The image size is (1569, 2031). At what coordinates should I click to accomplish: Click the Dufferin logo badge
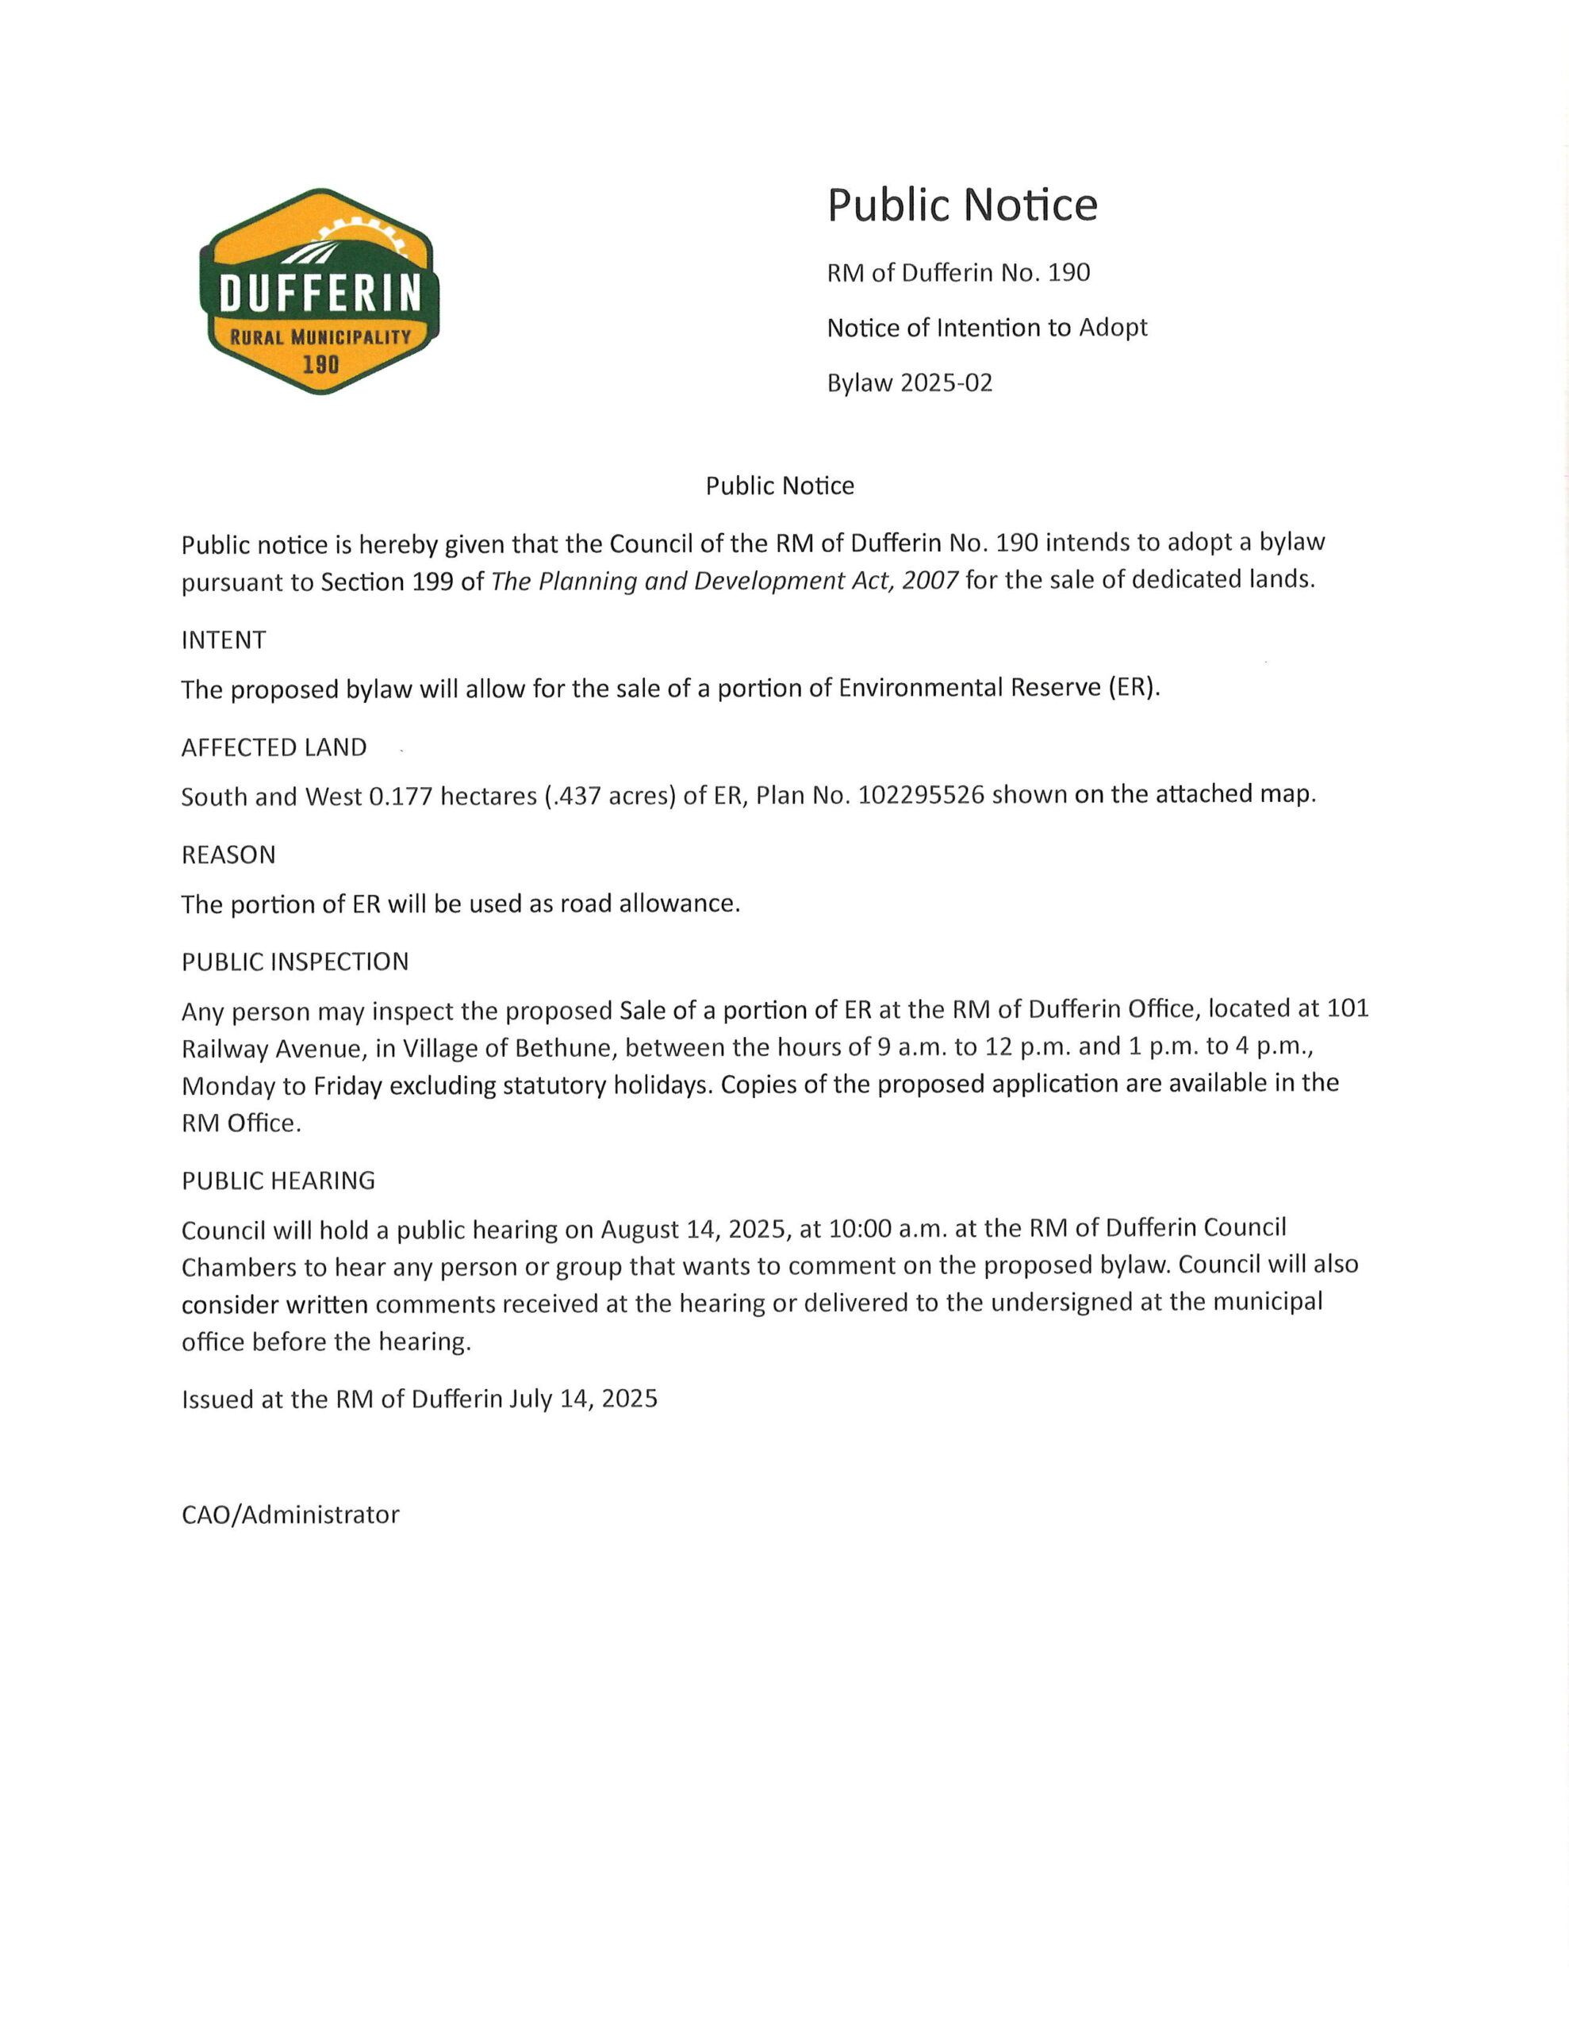click(319, 291)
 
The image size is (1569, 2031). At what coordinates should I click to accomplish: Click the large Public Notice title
click(961, 205)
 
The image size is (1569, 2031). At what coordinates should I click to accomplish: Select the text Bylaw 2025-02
click(910, 383)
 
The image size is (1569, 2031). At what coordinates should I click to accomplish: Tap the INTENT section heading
click(223, 639)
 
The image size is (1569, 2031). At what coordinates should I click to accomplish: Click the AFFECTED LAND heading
click(274, 747)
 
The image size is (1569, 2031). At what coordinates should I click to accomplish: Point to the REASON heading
click(228, 854)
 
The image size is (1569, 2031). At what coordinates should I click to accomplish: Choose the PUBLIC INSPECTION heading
click(295, 962)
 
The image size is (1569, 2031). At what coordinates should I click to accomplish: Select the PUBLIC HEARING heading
click(278, 1180)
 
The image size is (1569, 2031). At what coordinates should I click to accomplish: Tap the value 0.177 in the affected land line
click(401, 797)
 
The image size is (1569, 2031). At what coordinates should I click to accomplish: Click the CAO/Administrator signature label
click(290, 1515)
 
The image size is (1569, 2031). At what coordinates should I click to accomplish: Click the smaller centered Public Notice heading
click(780, 486)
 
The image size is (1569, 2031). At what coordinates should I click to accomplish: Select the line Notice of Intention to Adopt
click(987, 328)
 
